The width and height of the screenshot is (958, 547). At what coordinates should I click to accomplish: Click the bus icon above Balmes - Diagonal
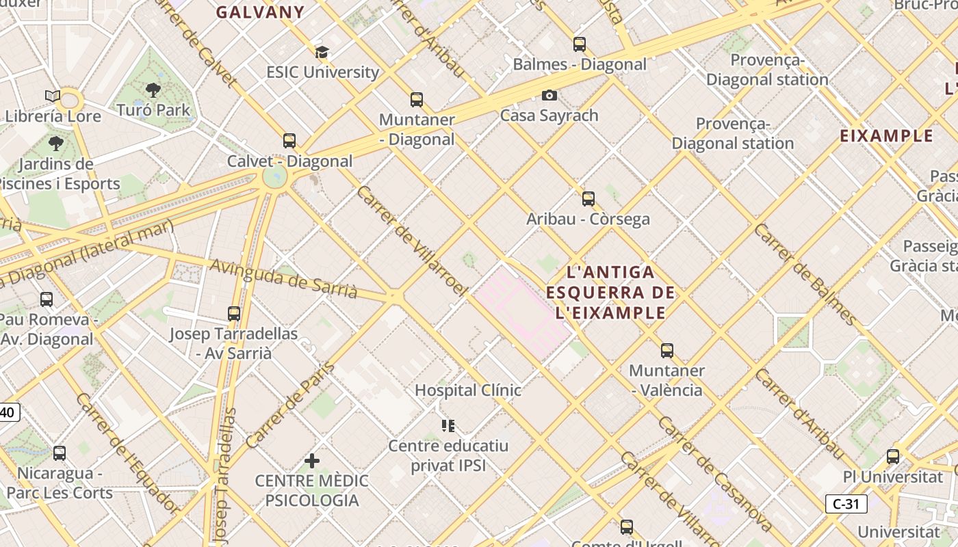tap(580, 44)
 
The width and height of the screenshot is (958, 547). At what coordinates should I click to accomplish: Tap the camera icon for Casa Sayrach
tap(549, 96)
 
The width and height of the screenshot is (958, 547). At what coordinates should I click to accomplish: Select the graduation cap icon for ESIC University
tap(322, 52)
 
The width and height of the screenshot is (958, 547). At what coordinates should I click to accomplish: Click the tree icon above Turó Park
tap(153, 90)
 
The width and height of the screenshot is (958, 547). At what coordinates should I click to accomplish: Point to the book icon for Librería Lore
tap(53, 96)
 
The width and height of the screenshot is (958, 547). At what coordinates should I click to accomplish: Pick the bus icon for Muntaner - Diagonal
tap(417, 100)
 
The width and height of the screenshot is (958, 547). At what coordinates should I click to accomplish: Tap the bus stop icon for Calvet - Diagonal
tap(289, 141)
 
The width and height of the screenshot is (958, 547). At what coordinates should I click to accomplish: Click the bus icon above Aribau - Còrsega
tap(588, 199)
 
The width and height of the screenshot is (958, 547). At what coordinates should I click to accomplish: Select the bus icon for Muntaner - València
tap(667, 351)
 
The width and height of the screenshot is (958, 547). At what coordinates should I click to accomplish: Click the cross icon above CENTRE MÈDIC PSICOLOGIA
tap(312, 461)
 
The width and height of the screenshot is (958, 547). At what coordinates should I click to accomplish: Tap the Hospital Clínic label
tap(468, 390)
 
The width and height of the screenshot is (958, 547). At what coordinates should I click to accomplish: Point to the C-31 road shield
tap(846, 504)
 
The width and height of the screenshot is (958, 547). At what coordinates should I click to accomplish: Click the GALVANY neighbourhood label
tap(260, 12)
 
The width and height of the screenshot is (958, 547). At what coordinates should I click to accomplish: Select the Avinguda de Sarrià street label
tap(283, 279)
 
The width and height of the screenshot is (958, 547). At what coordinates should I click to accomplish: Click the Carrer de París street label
tap(290, 405)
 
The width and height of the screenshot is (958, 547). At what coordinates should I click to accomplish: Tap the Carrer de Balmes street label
tap(805, 273)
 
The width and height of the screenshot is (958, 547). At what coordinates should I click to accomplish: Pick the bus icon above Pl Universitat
tap(893, 456)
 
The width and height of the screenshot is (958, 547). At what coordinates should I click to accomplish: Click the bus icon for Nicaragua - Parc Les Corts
tap(60, 453)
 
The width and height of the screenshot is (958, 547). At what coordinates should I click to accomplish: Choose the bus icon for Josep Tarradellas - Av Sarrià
tap(234, 314)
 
